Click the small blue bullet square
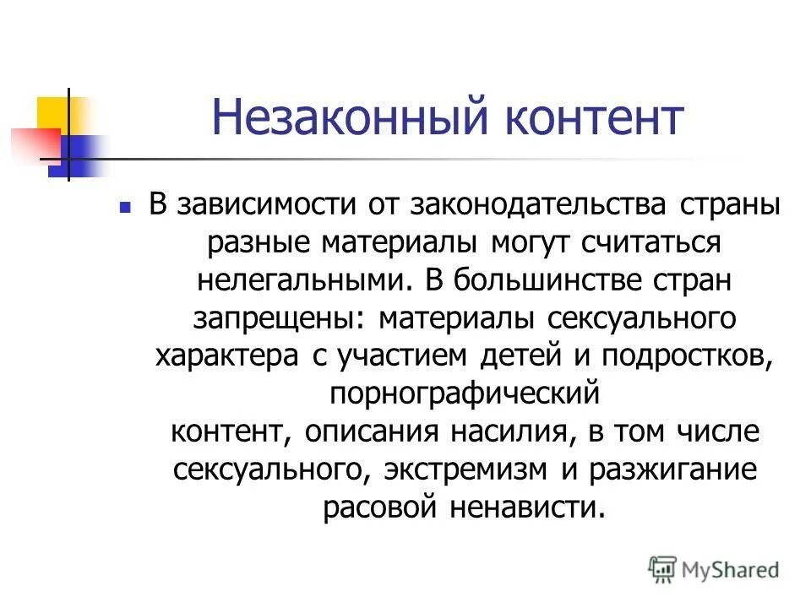125,206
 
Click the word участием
396,356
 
